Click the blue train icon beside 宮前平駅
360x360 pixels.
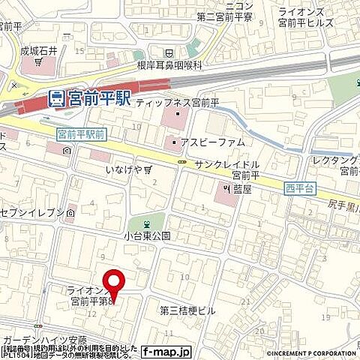click(x=55, y=97)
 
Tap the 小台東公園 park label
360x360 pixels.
click(x=148, y=235)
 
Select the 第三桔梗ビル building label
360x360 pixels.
click(x=187, y=309)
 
